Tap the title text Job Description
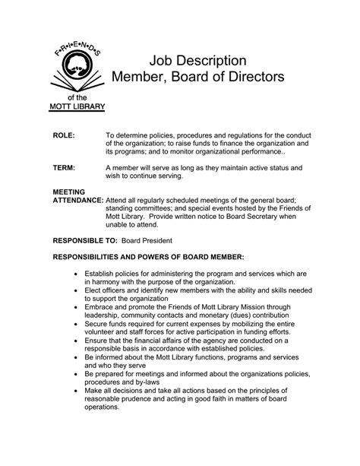197,60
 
